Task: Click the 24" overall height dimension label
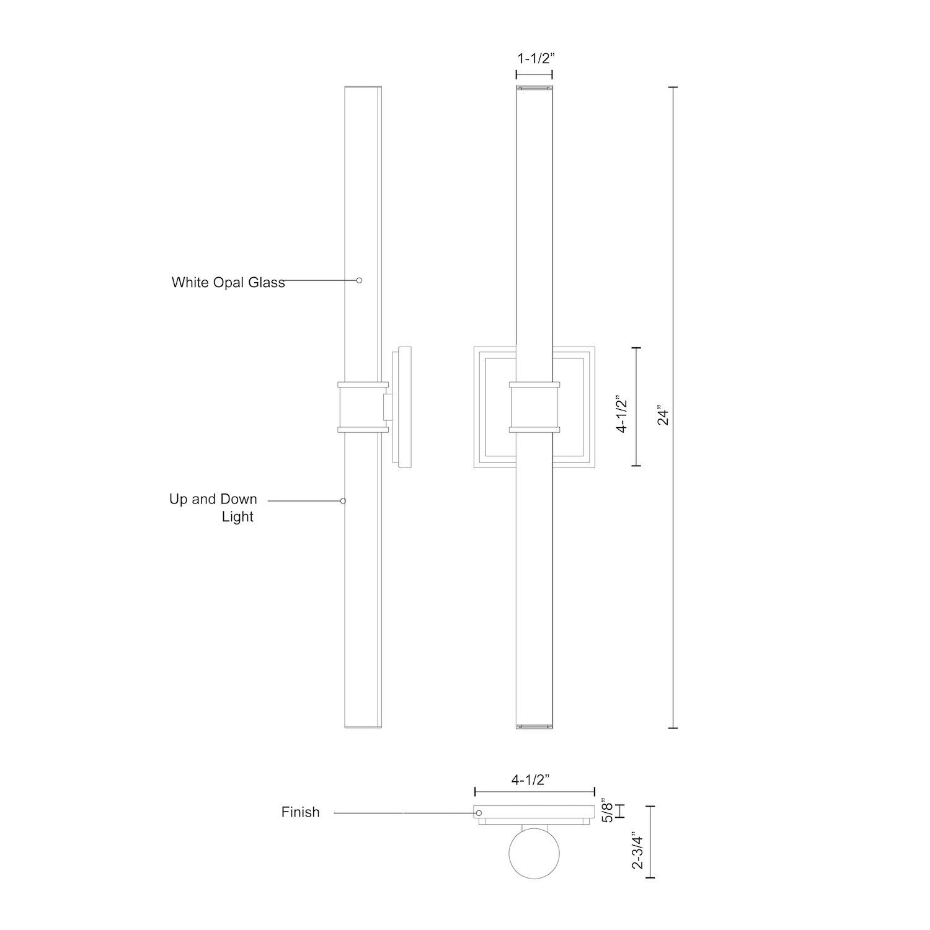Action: [x=664, y=415]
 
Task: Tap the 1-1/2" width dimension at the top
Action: [x=534, y=59]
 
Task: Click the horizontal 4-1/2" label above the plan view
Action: [x=531, y=780]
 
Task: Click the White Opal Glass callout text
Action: [x=228, y=283]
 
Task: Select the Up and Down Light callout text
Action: [x=213, y=508]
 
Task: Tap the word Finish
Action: [x=300, y=812]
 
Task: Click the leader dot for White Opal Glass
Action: [x=359, y=280]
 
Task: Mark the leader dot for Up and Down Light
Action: [x=343, y=500]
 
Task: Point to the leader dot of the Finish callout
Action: [x=478, y=813]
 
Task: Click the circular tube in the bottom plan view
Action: [x=534, y=852]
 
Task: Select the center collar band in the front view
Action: [x=534, y=407]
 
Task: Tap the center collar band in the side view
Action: [x=363, y=407]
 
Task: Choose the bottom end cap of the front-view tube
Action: [x=534, y=725]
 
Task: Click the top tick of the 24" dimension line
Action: [x=673, y=87]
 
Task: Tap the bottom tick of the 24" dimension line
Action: [x=673, y=728]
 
